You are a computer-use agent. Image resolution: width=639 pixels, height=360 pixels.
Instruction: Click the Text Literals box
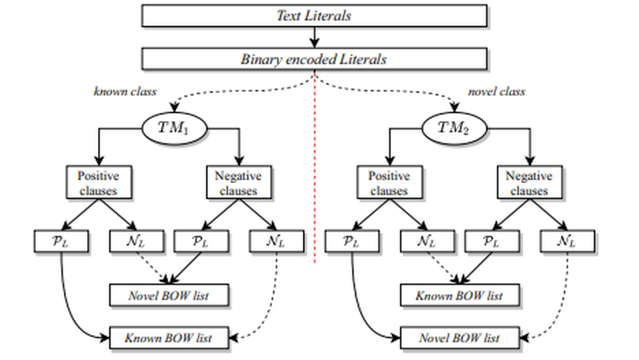coord(314,15)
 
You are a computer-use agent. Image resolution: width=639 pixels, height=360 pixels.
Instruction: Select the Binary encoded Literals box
coord(314,58)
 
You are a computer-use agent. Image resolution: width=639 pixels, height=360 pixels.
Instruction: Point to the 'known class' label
coord(125,91)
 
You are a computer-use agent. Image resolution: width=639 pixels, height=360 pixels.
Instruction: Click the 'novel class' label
coord(496,91)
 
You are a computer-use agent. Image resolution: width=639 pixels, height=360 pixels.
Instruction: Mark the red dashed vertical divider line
coord(315,174)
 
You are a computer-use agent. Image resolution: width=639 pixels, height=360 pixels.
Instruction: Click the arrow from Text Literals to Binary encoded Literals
coord(314,37)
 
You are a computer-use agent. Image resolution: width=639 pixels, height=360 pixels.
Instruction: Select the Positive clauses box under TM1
coord(97,182)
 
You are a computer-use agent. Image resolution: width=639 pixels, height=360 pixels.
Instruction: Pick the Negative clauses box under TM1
coord(238,182)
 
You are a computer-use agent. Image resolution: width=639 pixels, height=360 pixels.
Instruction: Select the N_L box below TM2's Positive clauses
coord(427,242)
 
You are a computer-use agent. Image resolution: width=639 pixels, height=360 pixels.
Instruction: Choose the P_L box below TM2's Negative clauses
coord(491,242)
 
